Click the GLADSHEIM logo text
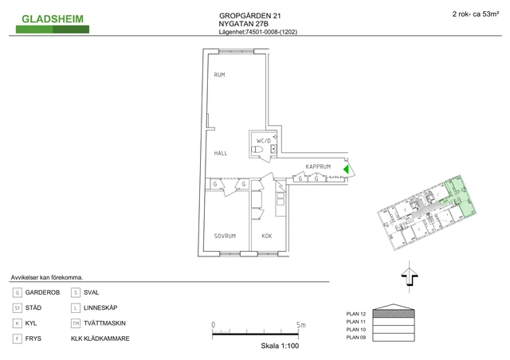(x=53, y=19)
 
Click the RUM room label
(x=219, y=75)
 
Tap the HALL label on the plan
(x=220, y=153)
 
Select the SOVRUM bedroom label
(x=225, y=236)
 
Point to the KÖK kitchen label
(x=267, y=236)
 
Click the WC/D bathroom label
(x=264, y=141)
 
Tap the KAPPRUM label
(x=318, y=166)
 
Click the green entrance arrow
(x=346, y=170)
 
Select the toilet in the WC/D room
(x=257, y=150)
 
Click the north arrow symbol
(x=409, y=276)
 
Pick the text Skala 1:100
(x=280, y=346)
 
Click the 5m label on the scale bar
(x=301, y=324)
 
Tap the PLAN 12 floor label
(x=356, y=314)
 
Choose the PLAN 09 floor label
(x=356, y=337)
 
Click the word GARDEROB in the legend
(x=42, y=292)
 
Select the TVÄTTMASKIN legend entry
(x=104, y=323)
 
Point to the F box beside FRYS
(x=18, y=338)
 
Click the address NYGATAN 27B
(x=243, y=24)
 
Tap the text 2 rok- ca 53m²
(x=476, y=14)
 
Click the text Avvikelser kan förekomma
(x=47, y=278)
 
